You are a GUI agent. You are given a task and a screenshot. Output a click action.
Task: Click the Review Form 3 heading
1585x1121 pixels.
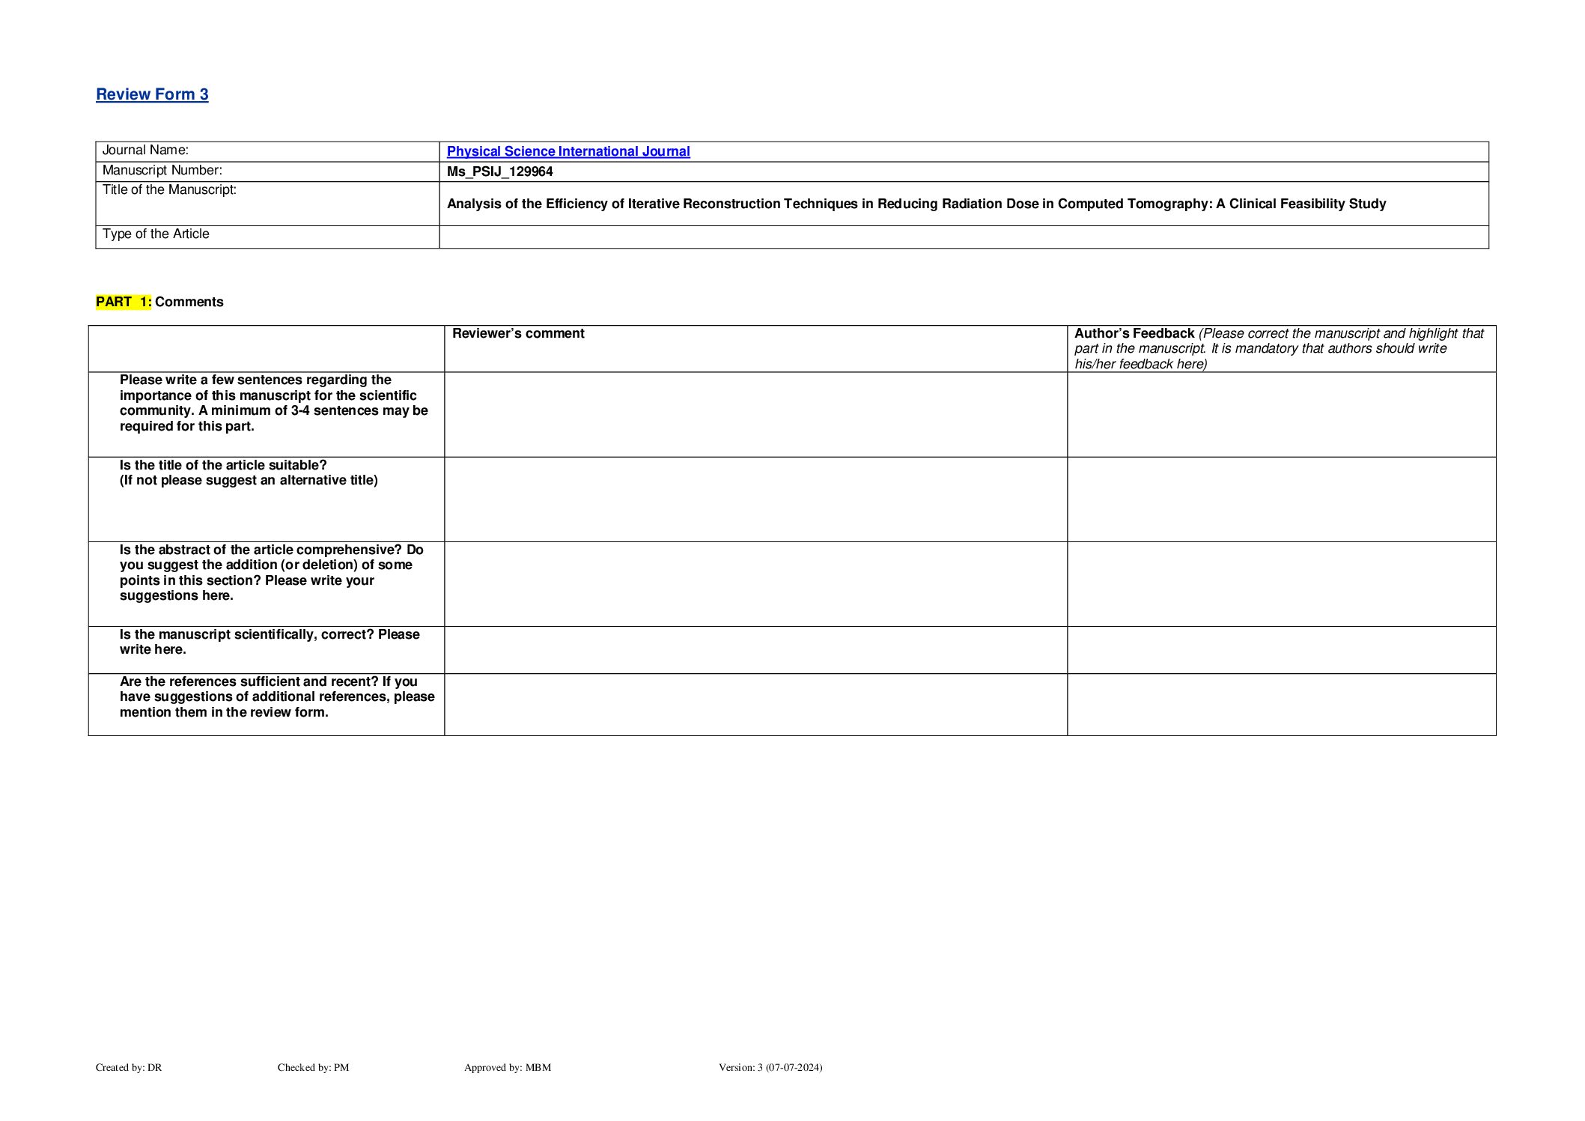(x=152, y=94)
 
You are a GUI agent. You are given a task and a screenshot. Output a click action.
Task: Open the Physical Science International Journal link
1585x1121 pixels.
(x=568, y=151)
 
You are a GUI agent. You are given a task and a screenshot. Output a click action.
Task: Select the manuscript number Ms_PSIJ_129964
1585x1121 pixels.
(x=499, y=171)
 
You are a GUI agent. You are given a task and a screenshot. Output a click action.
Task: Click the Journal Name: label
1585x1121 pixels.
(x=145, y=151)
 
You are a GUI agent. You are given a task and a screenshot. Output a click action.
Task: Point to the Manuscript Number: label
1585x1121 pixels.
(x=162, y=171)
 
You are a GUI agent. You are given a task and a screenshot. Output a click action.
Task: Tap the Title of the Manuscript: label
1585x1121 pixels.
(x=169, y=190)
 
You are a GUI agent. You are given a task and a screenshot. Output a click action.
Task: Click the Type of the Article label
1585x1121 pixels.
(x=156, y=234)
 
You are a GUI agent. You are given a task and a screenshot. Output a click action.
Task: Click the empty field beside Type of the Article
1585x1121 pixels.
(x=963, y=237)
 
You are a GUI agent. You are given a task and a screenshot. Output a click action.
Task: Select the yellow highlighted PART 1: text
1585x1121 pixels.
(x=124, y=302)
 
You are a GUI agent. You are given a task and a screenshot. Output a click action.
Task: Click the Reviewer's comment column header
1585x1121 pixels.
(x=518, y=334)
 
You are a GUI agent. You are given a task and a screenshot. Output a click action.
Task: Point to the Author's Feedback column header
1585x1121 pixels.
(x=1134, y=334)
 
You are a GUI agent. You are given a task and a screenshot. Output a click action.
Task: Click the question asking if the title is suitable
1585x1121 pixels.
(x=248, y=473)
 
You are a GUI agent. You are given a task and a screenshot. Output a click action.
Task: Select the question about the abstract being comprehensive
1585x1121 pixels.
(x=271, y=572)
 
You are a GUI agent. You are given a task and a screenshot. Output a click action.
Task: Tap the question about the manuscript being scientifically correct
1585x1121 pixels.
(x=269, y=642)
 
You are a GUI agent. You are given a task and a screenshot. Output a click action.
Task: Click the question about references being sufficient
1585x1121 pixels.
(x=276, y=696)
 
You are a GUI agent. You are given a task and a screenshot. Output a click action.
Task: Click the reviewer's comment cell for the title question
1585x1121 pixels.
(x=755, y=499)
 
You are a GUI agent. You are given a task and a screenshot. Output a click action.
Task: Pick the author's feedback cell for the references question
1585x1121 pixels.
(x=1280, y=704)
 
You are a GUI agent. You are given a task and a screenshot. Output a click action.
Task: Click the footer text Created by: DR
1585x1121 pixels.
(x=129, y=1067)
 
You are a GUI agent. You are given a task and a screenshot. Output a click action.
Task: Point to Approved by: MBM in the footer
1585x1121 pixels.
(x=507, y=1067)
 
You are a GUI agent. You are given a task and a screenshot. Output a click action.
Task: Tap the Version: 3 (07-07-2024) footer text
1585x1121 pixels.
(x=770, y=1067)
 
